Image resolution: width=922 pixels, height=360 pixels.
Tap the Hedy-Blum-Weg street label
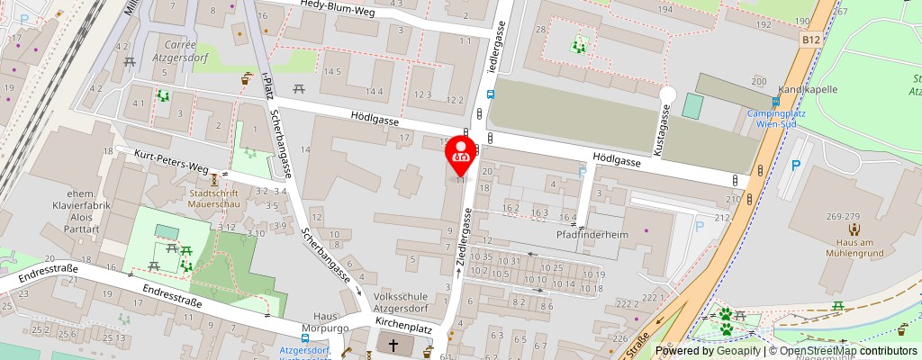coord(338,5)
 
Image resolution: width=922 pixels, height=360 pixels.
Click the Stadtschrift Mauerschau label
coord(214,199)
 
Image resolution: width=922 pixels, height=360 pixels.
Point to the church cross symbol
coord(393,346)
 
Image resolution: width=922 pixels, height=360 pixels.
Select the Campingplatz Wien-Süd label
coord(777,120)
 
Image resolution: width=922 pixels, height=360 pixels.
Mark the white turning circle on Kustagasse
coord(667,94)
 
